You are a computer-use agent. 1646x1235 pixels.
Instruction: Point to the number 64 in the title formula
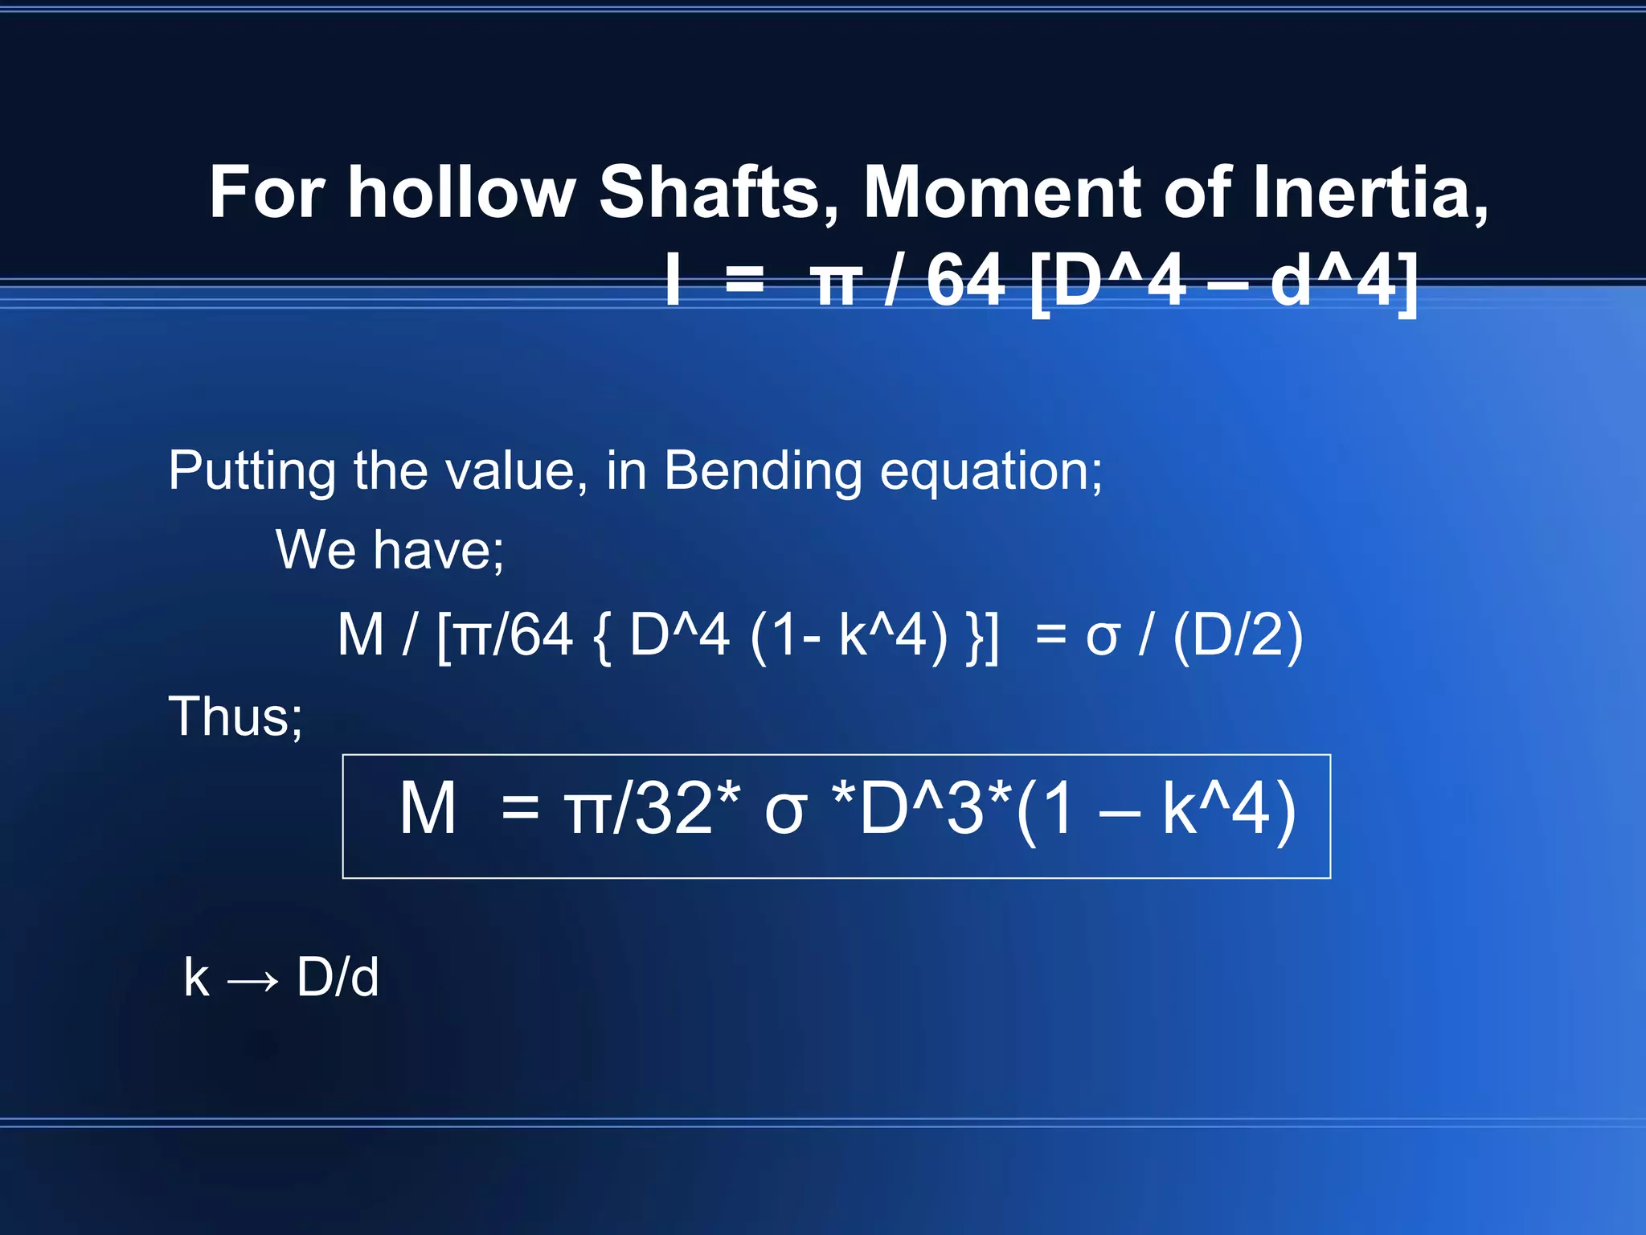[965, 281]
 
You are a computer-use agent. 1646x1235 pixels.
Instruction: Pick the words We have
[390, 551]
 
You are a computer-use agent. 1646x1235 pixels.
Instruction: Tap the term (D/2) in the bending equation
[1238, 635]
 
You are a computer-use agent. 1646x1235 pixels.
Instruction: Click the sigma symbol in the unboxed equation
[1102, 637]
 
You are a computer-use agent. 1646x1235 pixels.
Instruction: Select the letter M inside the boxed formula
[428, 809]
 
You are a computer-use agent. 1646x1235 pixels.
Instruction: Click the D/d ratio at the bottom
[338, 978]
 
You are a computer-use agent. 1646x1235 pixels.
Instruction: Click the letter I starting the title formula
[674, 281]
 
